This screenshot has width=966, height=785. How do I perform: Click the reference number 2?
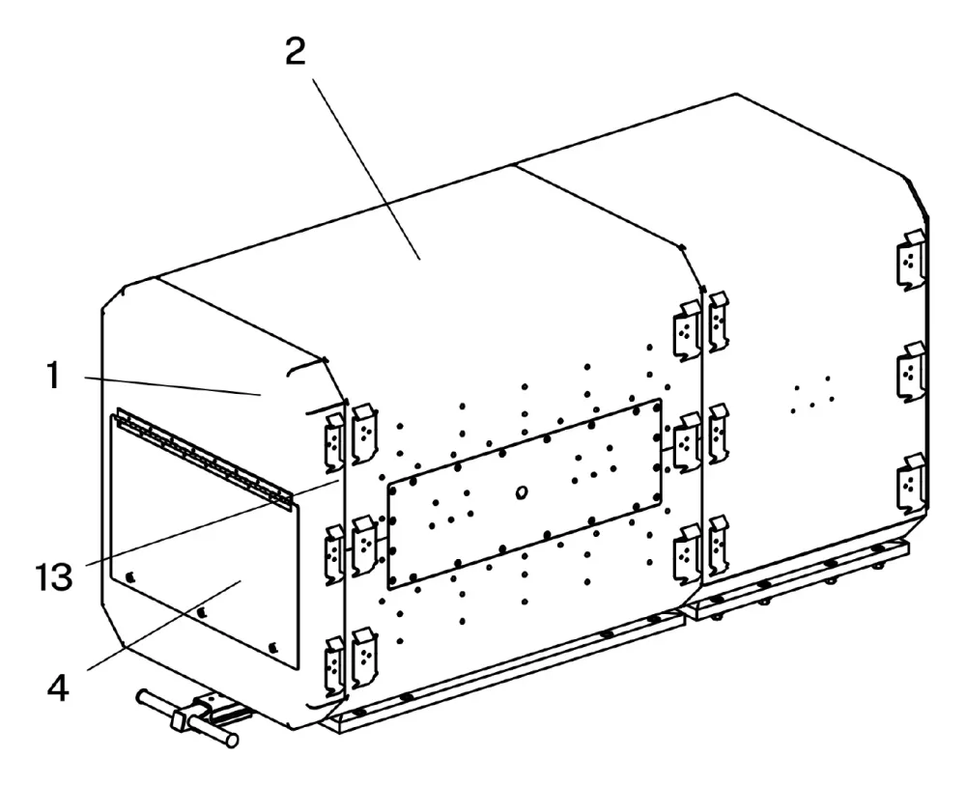coord(295,52)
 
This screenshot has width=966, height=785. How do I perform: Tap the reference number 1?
coord(53,376)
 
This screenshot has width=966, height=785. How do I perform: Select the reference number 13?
coord(53,576)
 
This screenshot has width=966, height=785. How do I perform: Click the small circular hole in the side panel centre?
coord(522,491)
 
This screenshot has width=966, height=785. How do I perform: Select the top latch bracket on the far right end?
coord(912,259)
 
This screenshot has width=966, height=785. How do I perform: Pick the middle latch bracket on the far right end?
coord(912,372)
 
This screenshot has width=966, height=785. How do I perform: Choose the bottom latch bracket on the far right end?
coord(912,484)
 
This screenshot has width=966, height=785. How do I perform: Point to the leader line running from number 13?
coord(213,522)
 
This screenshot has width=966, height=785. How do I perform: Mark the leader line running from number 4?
coord(164,626)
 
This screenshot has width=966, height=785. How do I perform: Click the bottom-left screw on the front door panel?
coord(130,576)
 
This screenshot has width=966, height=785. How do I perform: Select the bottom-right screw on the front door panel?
coord(273,647)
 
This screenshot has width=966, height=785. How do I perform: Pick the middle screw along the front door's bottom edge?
coord(201,612)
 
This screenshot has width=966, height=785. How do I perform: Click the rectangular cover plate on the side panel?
coord(525,493)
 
